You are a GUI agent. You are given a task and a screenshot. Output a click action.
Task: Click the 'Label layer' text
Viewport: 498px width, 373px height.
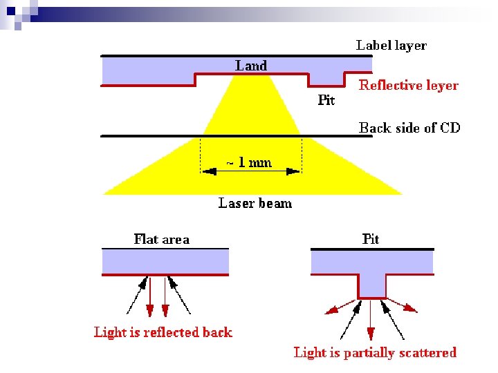point(391,46)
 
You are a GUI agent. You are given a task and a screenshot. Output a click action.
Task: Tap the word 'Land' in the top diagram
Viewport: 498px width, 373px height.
point(250,66)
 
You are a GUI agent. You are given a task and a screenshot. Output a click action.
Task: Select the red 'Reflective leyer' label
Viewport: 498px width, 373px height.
point(408,86)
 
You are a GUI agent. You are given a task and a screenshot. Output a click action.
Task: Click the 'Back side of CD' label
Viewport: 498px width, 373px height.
point(409,128)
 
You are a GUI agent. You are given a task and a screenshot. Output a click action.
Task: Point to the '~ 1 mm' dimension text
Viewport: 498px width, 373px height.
point(248,163)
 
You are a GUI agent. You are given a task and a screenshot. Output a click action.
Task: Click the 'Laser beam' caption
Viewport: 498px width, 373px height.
point(255,203)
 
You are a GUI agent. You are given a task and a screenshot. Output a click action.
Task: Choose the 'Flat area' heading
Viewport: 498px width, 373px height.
point(161,240)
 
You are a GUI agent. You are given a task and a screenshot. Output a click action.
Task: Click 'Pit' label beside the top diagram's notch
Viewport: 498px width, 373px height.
point(326,100)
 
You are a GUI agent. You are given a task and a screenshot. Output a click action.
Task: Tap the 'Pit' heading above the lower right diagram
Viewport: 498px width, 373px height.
point(371,239)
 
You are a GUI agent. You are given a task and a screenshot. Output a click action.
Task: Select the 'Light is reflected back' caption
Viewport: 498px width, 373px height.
point(163,332)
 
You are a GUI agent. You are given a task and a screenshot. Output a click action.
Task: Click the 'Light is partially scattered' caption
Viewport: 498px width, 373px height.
point(375,353)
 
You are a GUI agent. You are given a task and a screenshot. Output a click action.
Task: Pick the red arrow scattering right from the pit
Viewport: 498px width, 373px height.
point(405,307)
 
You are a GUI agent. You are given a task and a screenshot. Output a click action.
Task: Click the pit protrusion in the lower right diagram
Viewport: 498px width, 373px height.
point(371,285)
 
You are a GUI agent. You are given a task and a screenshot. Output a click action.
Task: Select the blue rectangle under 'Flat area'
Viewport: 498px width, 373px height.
point(165,261)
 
